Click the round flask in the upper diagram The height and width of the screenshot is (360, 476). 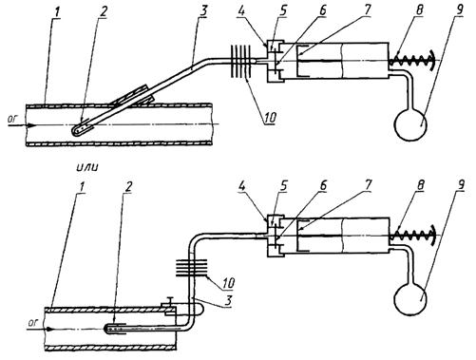[x=410, y=124]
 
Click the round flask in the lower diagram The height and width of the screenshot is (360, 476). [x=410, y=298]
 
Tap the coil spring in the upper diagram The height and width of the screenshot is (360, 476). [x=412, y=60]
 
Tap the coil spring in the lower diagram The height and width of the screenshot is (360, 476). [x=412, y=236]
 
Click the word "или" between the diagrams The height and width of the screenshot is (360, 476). [x=87, y=167]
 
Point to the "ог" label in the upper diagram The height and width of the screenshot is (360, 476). [x=13, y=119]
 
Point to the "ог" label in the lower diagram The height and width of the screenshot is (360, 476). [x=33, y=323]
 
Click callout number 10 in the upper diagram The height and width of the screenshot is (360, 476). [x=269, y=118]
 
